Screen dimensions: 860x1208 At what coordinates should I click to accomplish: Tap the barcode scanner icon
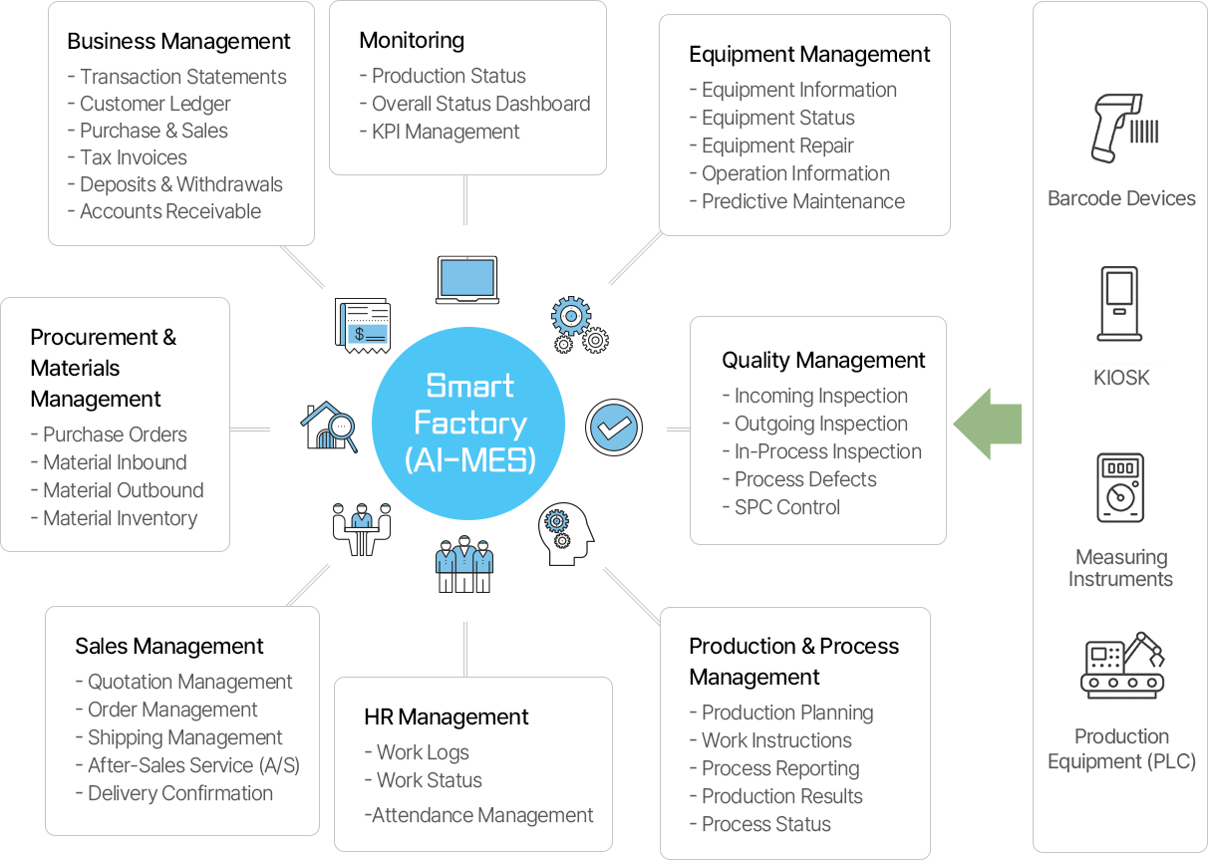coord(1120,129)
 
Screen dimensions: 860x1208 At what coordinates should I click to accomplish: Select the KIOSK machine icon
coord(1120,304)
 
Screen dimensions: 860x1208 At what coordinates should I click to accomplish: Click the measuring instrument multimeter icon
coord(1120,487)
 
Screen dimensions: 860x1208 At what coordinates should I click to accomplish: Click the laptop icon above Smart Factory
coord(466,280)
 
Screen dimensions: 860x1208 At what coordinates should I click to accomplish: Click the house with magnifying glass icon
coord(329,428)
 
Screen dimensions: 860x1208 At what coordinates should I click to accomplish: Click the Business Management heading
coord(178,42)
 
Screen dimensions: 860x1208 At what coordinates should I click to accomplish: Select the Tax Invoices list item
coord(133,157)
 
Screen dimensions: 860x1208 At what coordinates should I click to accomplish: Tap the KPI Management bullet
coord(446,132)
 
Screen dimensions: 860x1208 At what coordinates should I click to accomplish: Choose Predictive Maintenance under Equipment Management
coord(802,201)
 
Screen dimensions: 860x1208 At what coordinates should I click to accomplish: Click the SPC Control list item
coord(786,507)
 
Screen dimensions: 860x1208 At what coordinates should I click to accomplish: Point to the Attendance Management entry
coord(481,815)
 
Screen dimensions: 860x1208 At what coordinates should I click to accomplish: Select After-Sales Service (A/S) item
coord(193,765)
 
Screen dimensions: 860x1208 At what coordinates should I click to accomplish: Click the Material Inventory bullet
coord(120,518)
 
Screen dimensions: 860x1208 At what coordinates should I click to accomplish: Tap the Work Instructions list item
coord(776,740)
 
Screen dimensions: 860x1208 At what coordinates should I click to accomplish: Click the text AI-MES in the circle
coord(470,460)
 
